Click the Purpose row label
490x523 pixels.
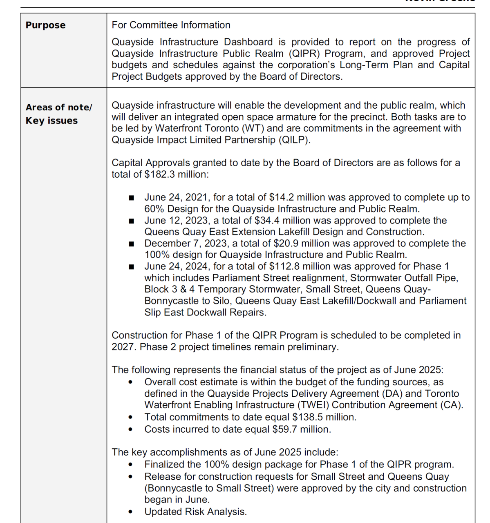[45, 25]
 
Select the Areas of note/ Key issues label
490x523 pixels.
[58, 114]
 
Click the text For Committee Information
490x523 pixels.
[171, 25]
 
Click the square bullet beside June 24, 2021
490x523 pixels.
[131, 198]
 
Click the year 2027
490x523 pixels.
[123, 347]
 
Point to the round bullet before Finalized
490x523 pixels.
[130, 465]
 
